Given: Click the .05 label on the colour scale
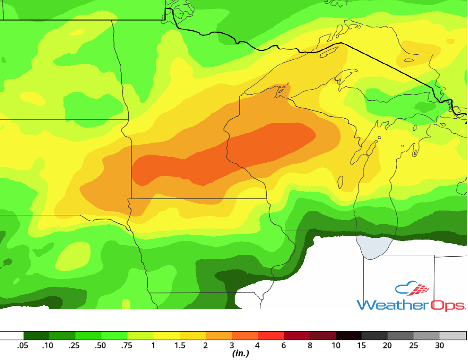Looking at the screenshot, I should (23, 345).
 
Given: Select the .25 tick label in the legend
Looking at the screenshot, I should (74, 345).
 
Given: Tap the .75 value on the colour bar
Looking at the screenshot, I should (127, 345).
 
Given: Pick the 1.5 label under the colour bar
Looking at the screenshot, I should (180, 345).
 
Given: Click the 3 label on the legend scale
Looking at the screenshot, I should (232, 345).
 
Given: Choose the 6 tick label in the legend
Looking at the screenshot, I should (284, 345).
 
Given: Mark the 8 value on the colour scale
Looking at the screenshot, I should (310, 345).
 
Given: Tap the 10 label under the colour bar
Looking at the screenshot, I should (336, 345).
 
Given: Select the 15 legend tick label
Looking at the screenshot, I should (362, 345).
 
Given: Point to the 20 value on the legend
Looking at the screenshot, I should (387, 345).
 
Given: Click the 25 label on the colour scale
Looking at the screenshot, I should (413, 345).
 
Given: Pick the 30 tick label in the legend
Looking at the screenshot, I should (439, 345).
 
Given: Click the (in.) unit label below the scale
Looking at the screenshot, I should (241, 354).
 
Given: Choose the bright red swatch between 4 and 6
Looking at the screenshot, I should (271, 336).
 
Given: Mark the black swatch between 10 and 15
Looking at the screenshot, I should (349, 336).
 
